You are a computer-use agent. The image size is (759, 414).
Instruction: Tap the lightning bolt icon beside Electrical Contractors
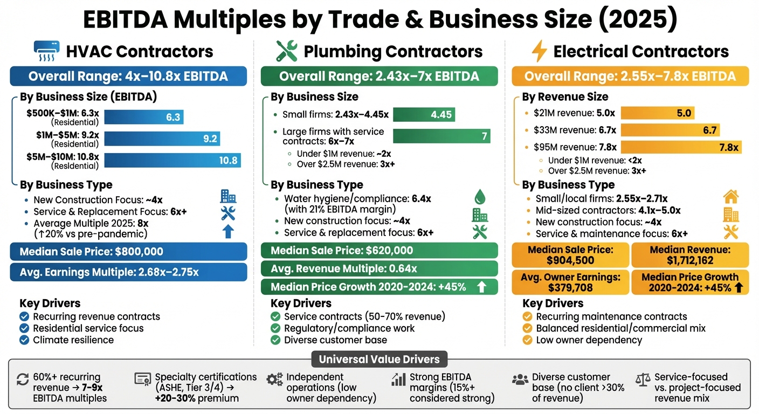539,52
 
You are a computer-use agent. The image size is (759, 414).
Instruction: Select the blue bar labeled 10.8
172,160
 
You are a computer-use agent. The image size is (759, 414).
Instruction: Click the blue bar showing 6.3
144,117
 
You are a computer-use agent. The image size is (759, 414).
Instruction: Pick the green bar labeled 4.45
424,115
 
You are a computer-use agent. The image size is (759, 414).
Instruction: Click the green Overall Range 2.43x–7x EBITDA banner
379,76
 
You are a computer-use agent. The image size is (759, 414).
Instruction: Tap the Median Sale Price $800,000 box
128,252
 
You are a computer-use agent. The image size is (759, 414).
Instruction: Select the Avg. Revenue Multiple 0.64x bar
379,268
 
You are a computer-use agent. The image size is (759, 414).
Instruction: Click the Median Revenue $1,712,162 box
689,255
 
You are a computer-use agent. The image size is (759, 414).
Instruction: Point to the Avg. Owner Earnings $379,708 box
570,282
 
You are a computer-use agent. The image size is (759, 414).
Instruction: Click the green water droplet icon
479,196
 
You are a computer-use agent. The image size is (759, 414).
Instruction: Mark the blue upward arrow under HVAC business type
228,232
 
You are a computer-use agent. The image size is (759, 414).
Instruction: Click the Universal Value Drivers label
379,359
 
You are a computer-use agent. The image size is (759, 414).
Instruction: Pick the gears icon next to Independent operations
274,379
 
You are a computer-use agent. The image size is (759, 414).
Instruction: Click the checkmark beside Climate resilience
24,340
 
